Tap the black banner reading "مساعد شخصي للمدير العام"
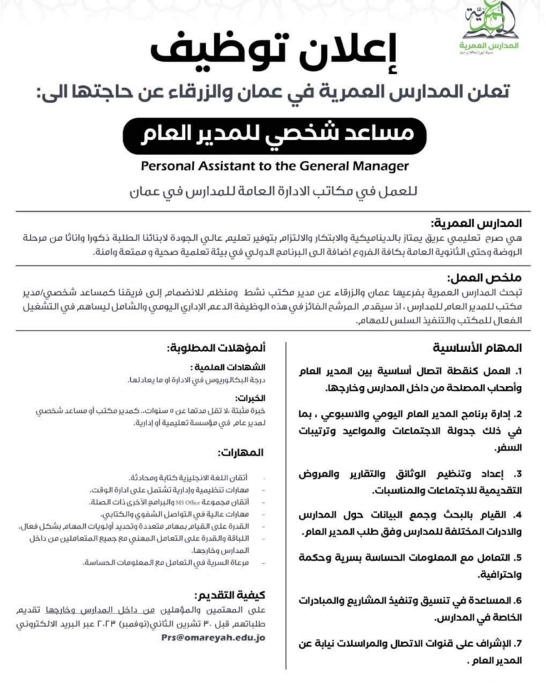[274, 134]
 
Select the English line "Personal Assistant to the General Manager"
[274, 166]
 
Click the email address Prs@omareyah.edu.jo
[213, 638]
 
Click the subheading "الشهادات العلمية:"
[235, 367]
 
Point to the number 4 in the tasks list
[519, 514]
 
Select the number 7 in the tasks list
[519, 645]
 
